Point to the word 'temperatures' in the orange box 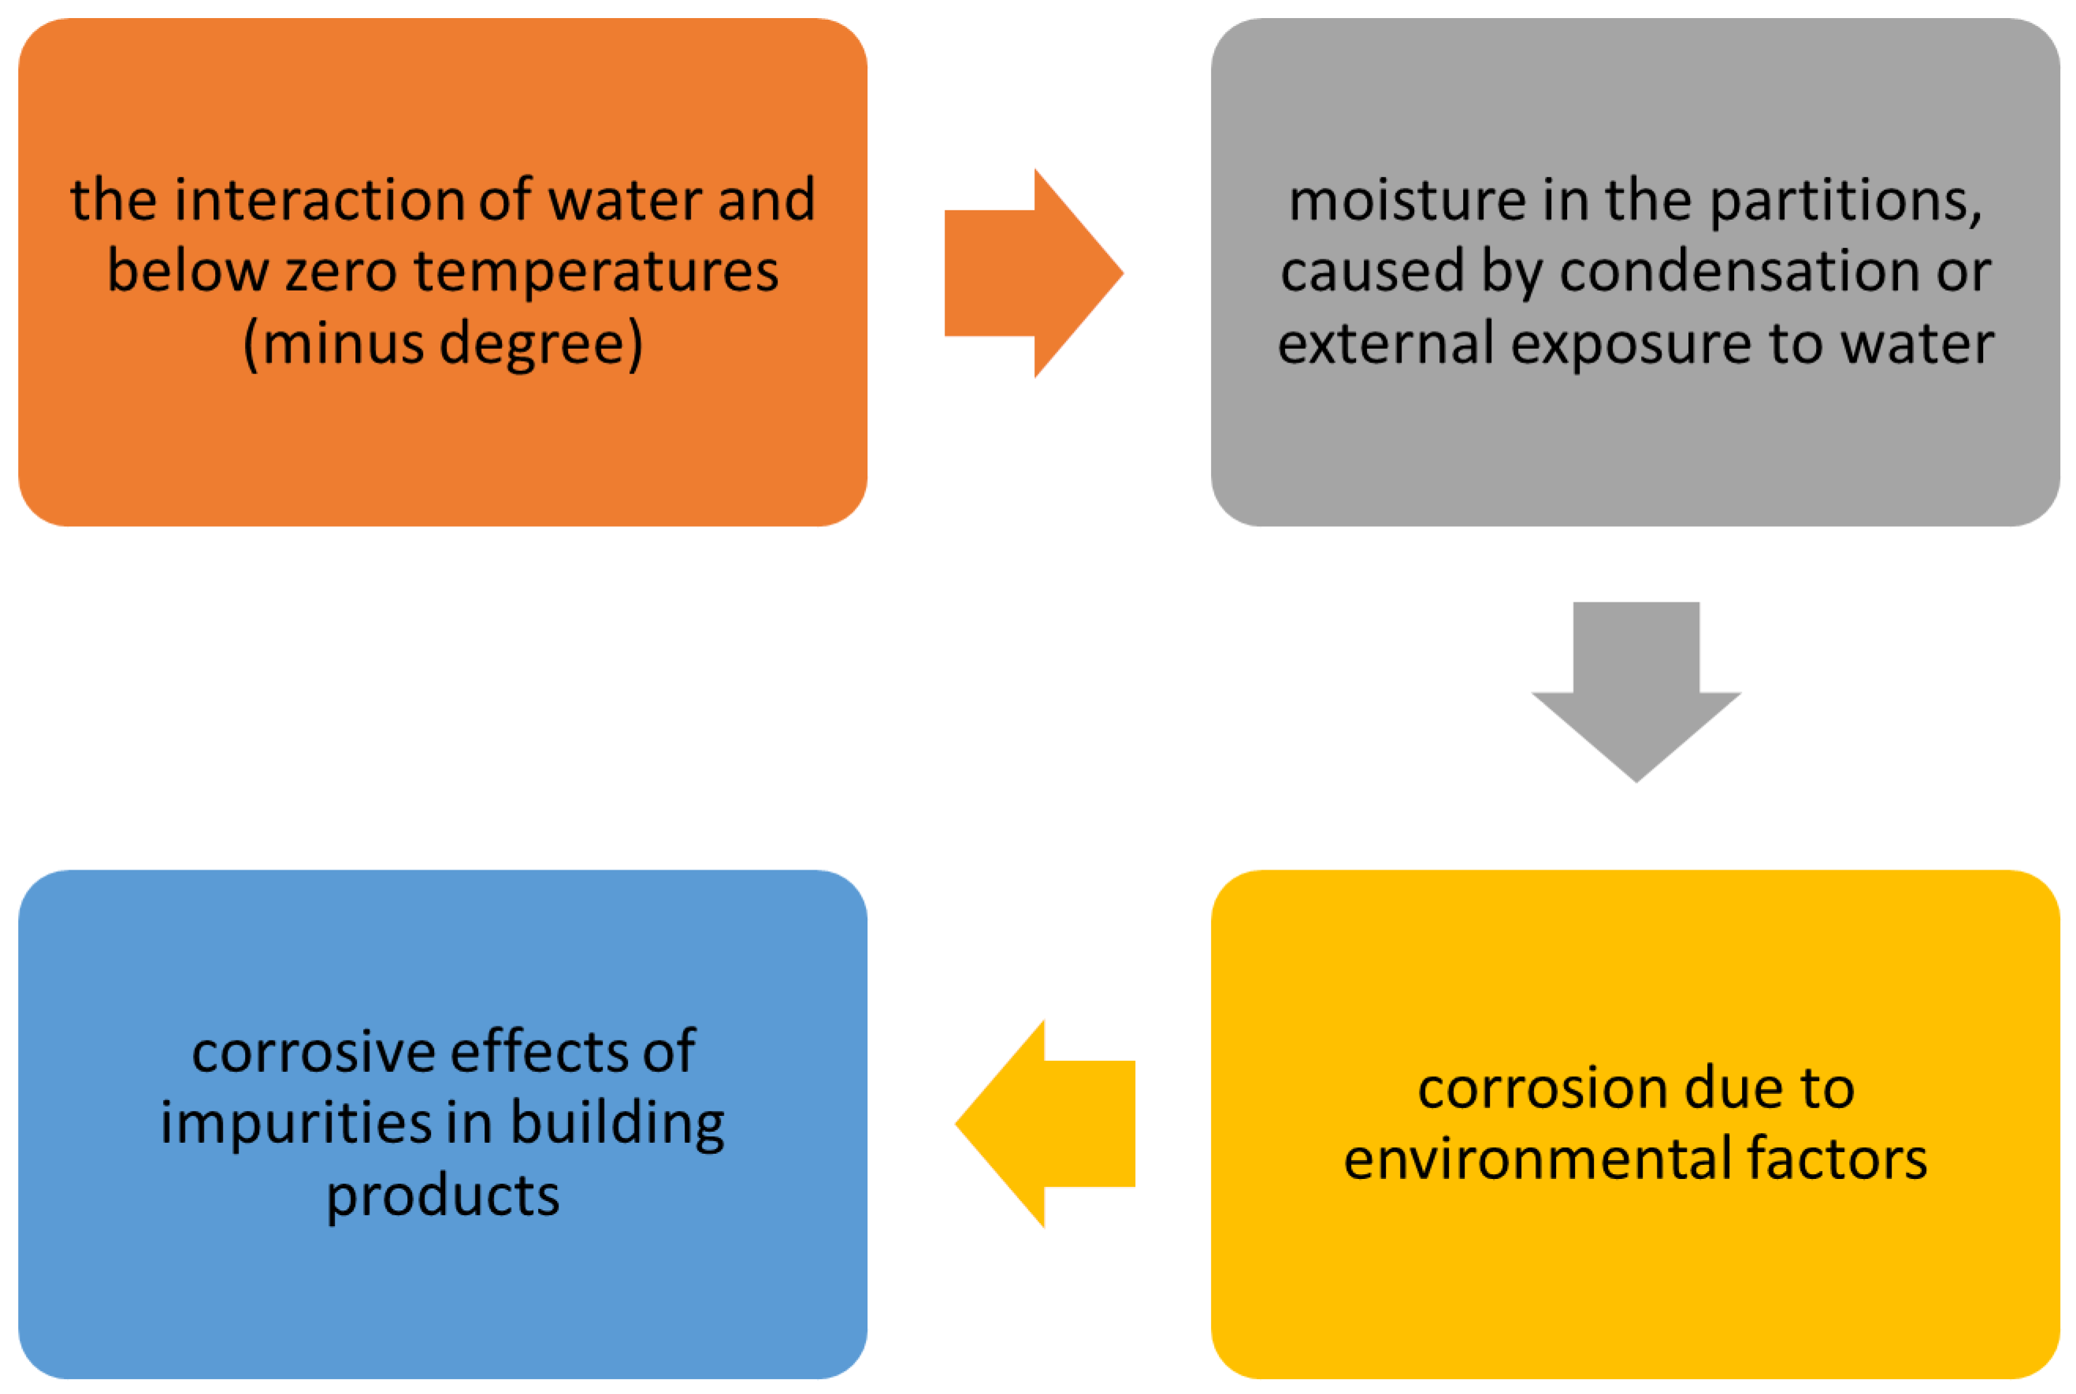596,270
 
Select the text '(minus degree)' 442,343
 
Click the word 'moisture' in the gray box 1406,199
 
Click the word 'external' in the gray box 1384,343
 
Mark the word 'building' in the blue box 617,1123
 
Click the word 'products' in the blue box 442,1196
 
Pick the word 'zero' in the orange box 340,270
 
